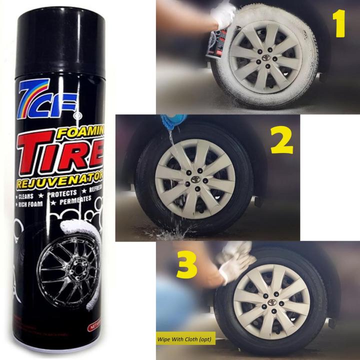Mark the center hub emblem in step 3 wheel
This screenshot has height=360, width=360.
click(x=271, y=302)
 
